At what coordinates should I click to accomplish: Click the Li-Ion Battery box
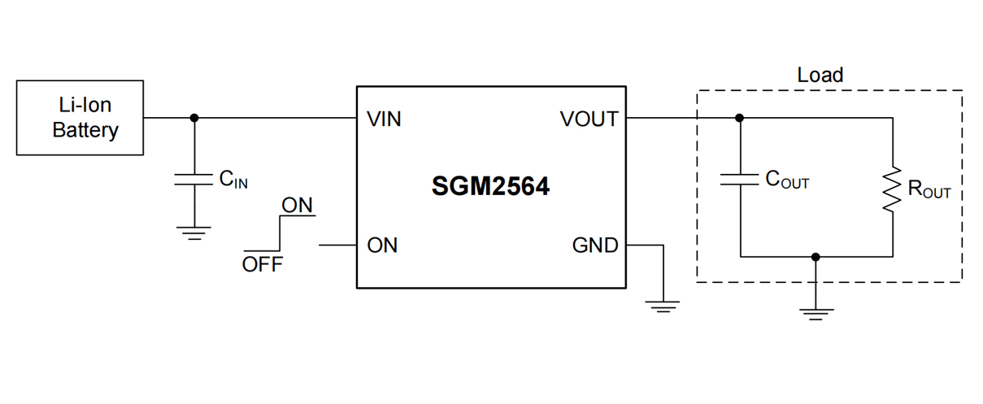coord(80,118)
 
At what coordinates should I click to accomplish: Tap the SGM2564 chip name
coord(490,187)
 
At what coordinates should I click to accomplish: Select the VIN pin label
coord(384,119)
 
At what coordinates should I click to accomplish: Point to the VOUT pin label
coord(589,119)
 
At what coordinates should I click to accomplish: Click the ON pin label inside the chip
coord(382,245)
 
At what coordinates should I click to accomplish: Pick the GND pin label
coord(595,245)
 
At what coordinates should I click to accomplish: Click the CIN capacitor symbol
coord(194,179)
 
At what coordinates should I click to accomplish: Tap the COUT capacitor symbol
coord(739,180)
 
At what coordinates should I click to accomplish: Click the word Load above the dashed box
coord(820,76)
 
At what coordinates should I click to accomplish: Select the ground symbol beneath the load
coord(816,314)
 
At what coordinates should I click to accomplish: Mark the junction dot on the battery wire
coord(194,118)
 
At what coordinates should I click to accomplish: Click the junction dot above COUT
coord(739,118)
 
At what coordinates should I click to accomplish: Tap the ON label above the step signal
coord(297,206)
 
